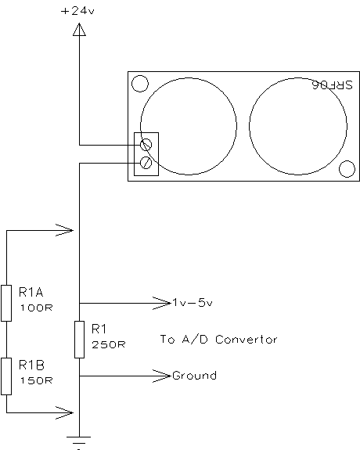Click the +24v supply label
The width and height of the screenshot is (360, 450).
coord(77,11)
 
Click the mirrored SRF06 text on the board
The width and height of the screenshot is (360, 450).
coord(333,85)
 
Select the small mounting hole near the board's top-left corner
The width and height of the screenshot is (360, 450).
coord(140,84)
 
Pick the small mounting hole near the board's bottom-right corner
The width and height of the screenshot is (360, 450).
coord(347,169)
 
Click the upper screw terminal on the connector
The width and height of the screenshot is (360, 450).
coord(146,144)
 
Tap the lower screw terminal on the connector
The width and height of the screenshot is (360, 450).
coord(146,163)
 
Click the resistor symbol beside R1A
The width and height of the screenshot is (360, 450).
coord(6,303)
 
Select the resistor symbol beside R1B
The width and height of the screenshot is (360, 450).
coord(6,376)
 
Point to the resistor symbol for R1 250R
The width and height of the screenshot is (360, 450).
coord(80,340)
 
